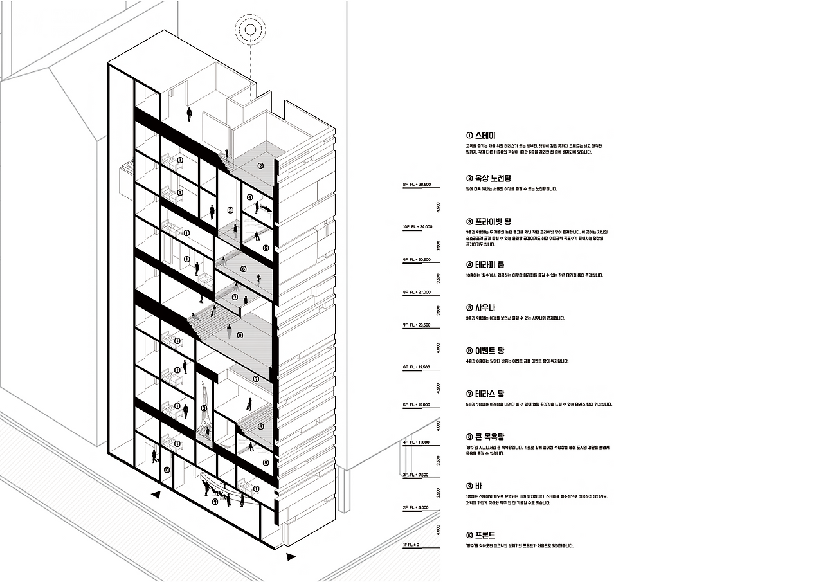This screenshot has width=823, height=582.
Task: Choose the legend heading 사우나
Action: pyautogui.click(x=481, y=307)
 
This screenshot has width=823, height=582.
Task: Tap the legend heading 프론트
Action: pyautogui.click(x=481, y=535)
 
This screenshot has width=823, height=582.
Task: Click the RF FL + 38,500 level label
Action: pyautogui.click(x=417, y=185)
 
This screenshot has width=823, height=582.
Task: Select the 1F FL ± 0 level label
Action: pyautogui.click(x=411, y=545)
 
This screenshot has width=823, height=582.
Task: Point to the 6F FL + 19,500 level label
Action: pyautogui.click(x=417, y=367)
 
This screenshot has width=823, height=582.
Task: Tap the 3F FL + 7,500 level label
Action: pyautogui.click(x=415, y=475)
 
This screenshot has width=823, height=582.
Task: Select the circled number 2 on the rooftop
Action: pyautogui.click(x=260, y=166)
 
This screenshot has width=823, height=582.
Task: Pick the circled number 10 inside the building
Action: pyautogui.click(x=167, y=470)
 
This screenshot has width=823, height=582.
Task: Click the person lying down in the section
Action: pyautogui.click(x=264, y=208)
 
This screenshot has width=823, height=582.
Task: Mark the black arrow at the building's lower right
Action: pyautogui.click(x=291, y=557)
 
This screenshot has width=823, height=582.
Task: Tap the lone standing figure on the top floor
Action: pyautogui.click(x=189, y=114)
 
